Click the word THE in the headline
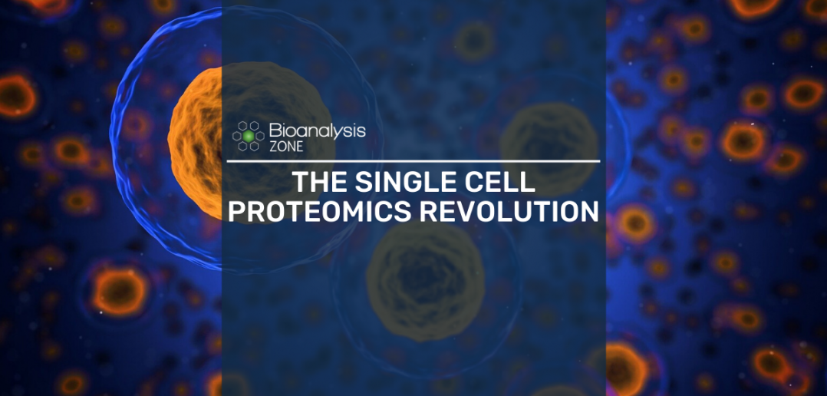[320, 183]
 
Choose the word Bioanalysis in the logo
[318, 130]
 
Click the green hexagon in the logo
[249, 136]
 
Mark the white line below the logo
[413, 161]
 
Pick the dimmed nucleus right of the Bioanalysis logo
[549, 143]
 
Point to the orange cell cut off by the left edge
[17, 95]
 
